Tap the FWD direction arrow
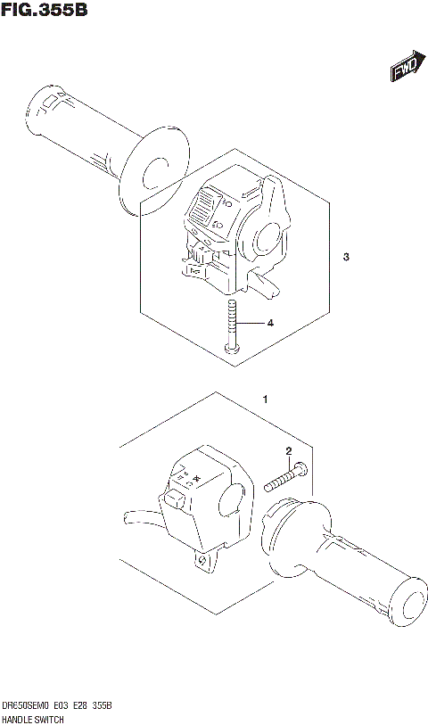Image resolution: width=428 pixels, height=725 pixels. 405,68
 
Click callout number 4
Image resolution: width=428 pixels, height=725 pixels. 271,323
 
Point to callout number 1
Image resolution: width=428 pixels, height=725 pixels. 264,400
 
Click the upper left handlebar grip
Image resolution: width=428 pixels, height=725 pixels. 80,126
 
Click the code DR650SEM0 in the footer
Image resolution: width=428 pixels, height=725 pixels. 27,705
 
